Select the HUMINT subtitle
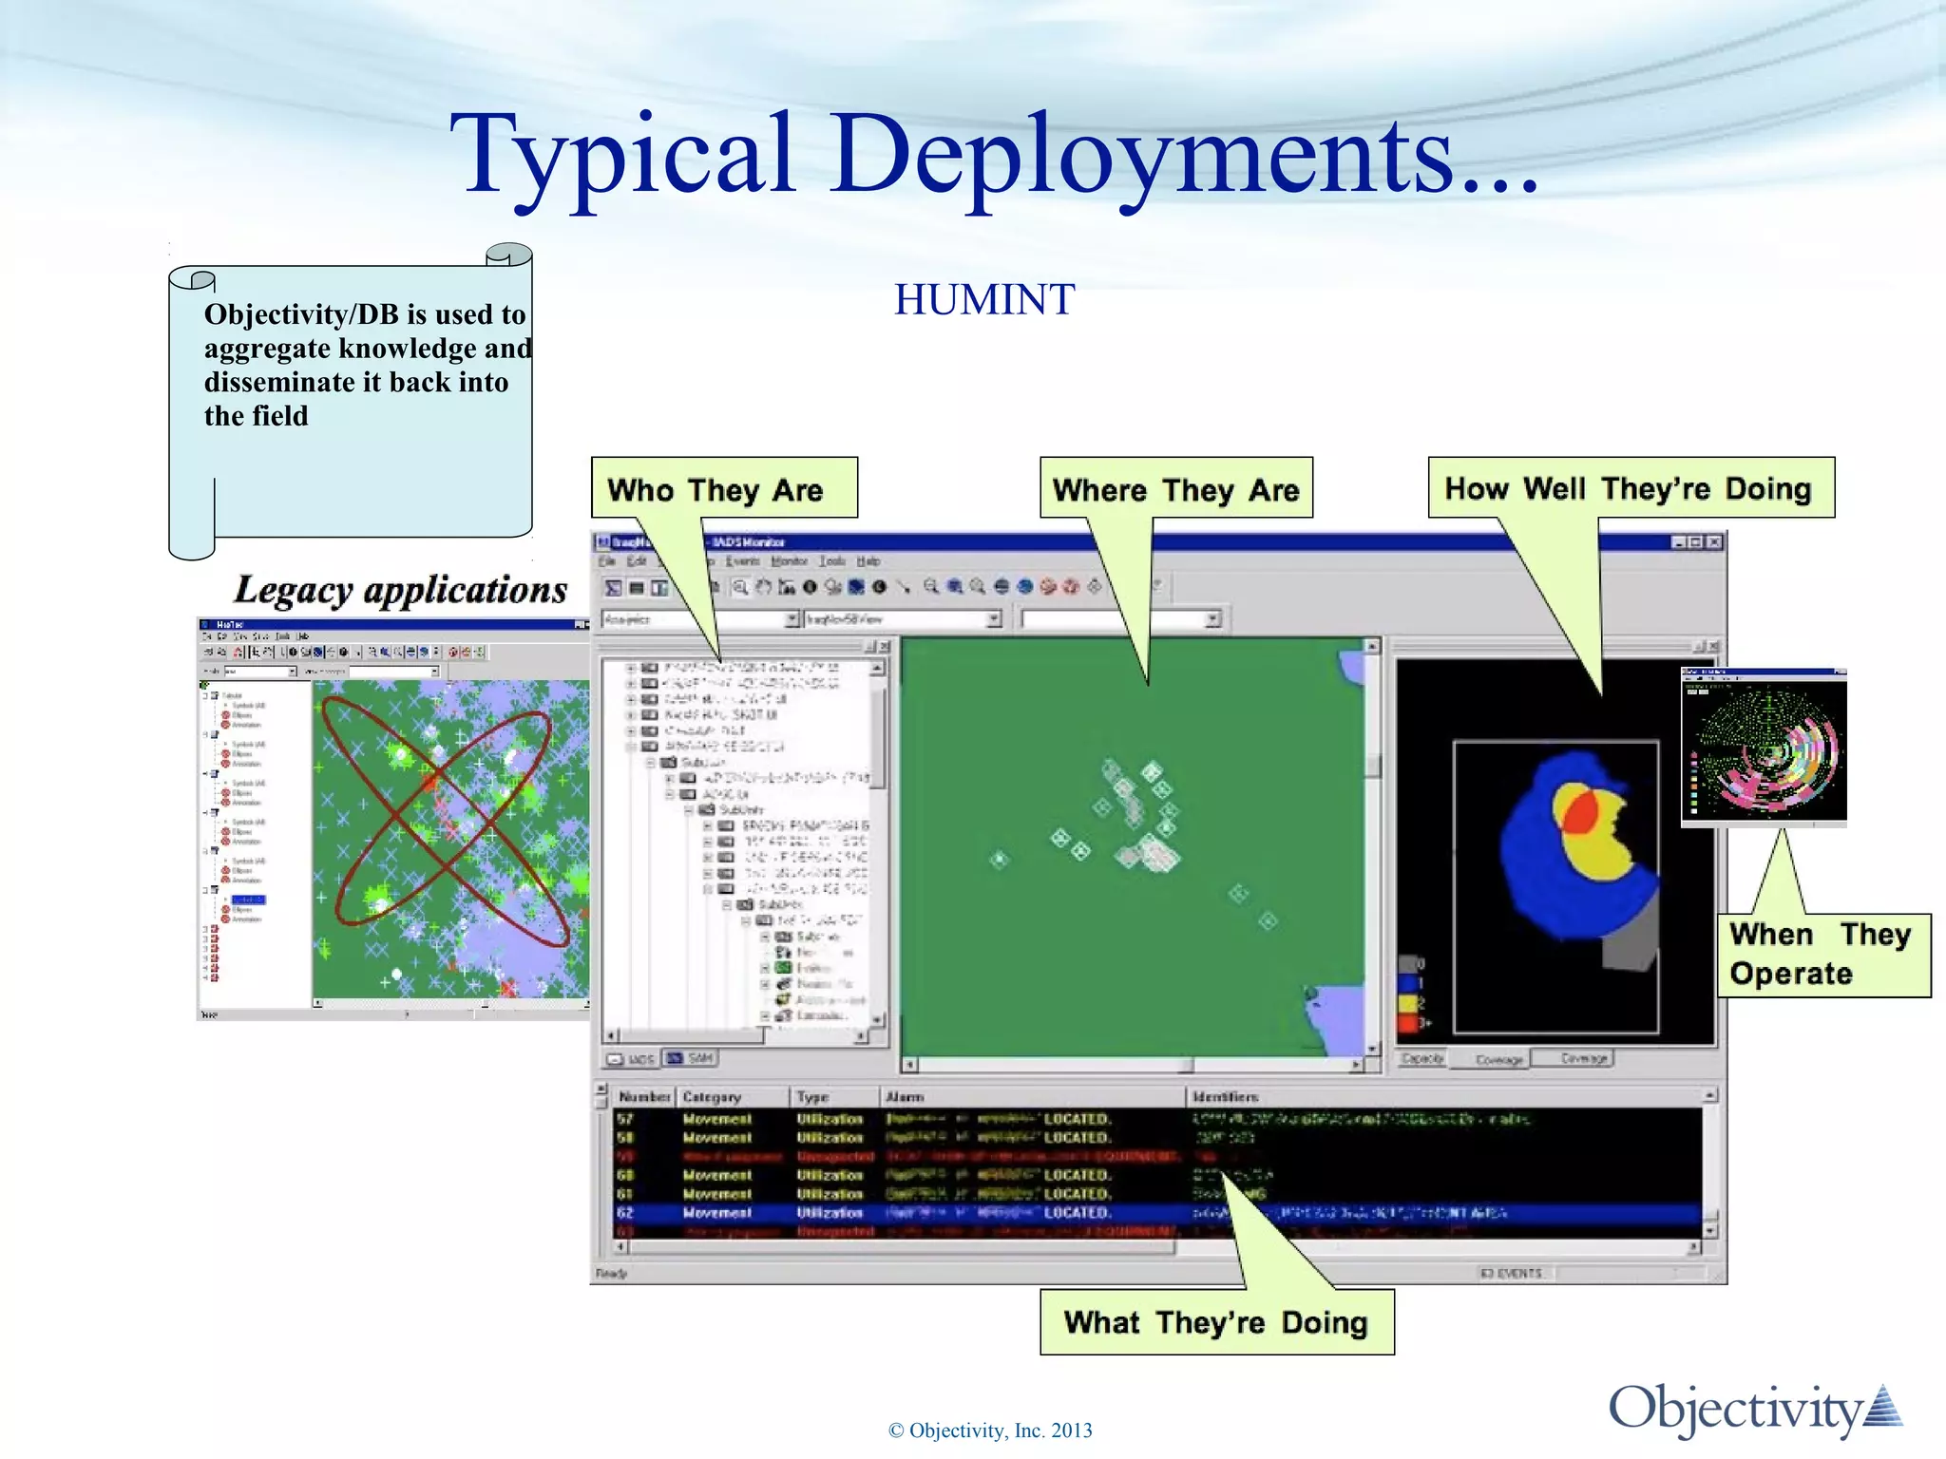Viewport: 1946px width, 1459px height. point(984,300)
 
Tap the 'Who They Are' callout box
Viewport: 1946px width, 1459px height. point(724,489)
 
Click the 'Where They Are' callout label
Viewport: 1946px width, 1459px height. point(1175,489)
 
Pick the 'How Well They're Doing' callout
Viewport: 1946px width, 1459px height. point(1630,488)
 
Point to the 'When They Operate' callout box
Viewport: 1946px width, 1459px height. point(1822,954)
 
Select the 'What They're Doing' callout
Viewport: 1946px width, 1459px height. point(1216,1321)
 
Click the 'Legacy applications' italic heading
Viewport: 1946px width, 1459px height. point(400,590)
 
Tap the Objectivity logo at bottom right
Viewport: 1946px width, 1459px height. point(1754,1409)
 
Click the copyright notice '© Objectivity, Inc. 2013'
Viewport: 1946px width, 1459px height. point(990,1431)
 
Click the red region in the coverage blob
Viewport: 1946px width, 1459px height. point(1580,815)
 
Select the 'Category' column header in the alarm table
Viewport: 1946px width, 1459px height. point(712,1097)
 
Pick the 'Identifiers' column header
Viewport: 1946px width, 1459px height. point(1226,1097)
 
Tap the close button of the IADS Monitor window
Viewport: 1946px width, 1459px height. point(1714,542)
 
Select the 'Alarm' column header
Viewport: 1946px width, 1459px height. point(905,1097)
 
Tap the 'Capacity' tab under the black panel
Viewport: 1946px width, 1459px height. point(1422,1058)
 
